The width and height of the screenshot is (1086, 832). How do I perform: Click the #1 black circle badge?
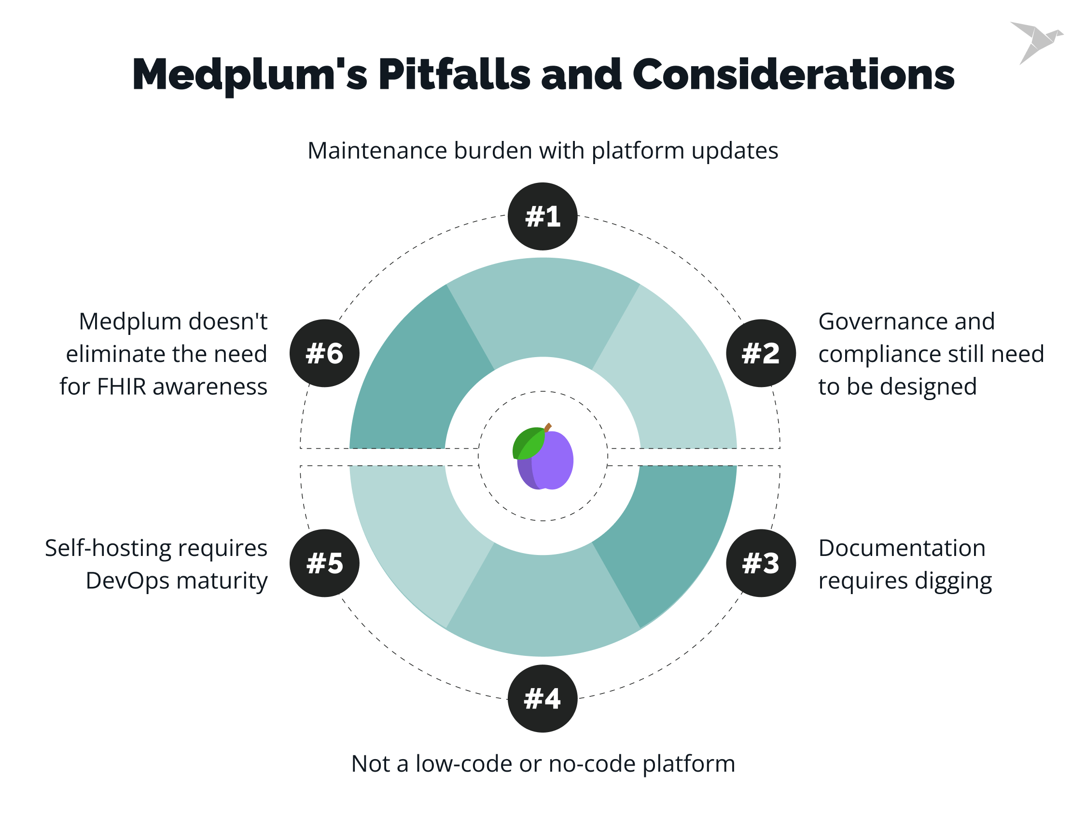[x=542, y=216]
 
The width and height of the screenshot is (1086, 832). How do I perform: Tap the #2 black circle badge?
[x=761, y=353]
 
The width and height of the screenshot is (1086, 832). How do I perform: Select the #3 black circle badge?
[x=761, y=563]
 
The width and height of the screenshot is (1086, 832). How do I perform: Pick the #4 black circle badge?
[x=542, y=698]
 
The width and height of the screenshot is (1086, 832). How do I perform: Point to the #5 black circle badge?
[x=324, y=563]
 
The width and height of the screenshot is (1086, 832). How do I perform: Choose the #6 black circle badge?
[x=324, y=353]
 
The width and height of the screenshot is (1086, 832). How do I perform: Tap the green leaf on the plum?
[x=528, y=443]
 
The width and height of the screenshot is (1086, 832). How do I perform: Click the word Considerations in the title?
[x=793, y=75]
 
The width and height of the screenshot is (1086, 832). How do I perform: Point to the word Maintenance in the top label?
[x=377, y=151]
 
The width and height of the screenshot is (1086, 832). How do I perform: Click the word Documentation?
[x=902, y=548]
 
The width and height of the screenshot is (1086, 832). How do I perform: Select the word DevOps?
[x=127, y=581]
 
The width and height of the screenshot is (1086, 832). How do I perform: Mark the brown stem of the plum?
[x=548, y=428]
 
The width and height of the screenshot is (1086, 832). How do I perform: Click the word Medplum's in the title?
[x=250, y=75]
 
